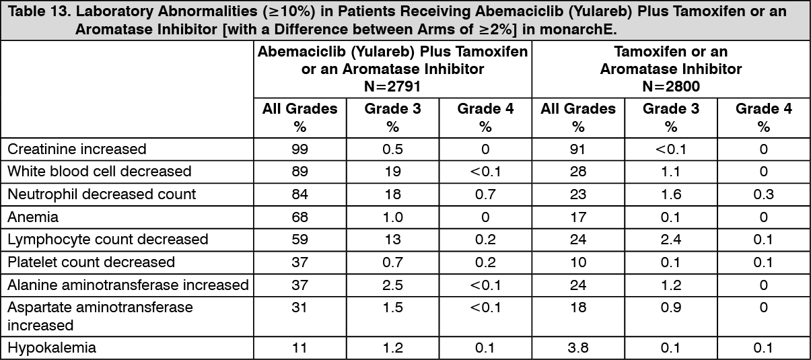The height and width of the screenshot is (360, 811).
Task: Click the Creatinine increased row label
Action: (x=77, y=149)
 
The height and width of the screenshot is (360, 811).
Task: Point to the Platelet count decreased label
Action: (x=91, y=262)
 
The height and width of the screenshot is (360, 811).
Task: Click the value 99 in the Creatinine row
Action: (x=299, y=149)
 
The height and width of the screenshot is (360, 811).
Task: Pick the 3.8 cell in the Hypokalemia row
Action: (x=577, y=348)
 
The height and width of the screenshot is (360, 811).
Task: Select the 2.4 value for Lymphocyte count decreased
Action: (x=670, y=240)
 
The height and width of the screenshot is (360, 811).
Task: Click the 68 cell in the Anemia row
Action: (x=299, y=217)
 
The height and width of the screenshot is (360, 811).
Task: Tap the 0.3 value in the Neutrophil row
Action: (x=763, y=194)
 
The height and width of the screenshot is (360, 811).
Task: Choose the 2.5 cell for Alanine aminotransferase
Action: (x=392, y=285)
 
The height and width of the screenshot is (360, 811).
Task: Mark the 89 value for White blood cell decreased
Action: (x=299, y=172)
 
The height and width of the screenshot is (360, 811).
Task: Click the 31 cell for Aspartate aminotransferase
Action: (x=299, y=308)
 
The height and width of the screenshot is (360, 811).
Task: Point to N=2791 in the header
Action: (x=392, y=85)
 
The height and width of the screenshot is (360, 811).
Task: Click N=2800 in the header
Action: (x=670, y=85)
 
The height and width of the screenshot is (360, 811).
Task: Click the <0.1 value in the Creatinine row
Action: (x=670, y=149)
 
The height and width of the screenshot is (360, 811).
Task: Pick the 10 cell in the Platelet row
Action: (x=577, y=262)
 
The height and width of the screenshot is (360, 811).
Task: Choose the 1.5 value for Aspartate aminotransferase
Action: (x=392, y=308)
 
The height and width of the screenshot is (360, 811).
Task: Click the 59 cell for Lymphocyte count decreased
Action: (x=299, y=240)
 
